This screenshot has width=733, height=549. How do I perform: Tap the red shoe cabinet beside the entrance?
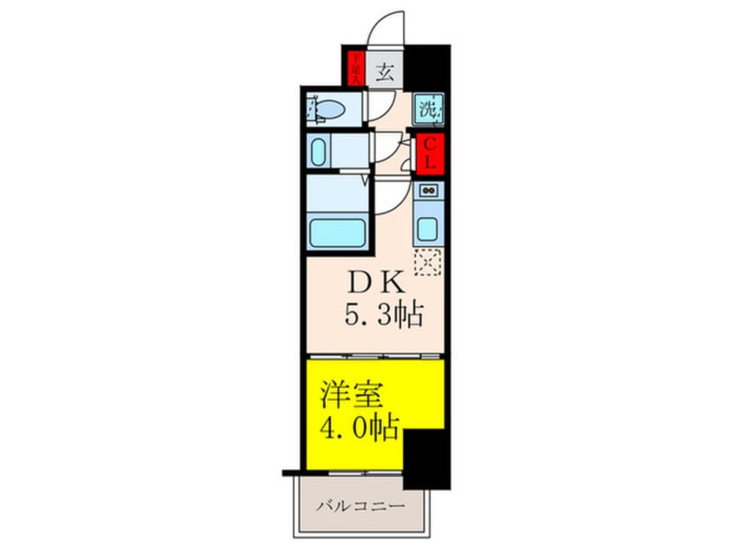pos(355,68)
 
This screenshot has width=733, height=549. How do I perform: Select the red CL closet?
pos(430,153)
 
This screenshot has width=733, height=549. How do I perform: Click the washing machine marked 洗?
pos(428,109)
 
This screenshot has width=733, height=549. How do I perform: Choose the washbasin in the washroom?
pos(319,152)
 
